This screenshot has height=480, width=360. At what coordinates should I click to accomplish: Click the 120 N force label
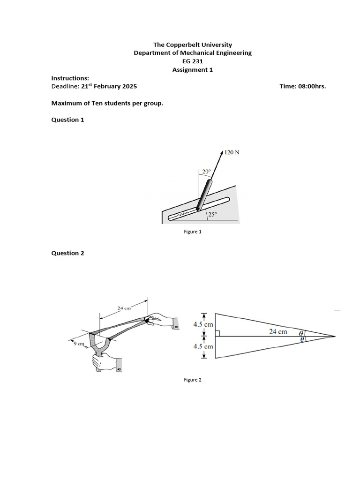coord(232,152)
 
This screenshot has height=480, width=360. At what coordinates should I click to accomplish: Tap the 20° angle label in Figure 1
coord(206,172)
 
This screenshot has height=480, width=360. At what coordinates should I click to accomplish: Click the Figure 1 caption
coord(192,232)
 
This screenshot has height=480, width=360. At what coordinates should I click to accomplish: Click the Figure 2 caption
coord(192,380)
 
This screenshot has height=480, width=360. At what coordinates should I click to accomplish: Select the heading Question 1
coord(67,120)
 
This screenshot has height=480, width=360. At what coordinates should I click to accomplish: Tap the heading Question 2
coord(67,253)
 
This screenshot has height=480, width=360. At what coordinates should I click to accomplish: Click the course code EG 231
coord(192,61)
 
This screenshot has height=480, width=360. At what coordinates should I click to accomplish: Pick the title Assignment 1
coord(192,70)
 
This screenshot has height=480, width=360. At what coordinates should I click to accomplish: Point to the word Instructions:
coord(70,78)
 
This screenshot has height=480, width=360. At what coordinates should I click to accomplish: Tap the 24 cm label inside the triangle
coord(278,331)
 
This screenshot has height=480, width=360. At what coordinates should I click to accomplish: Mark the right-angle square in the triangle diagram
coord(217,334)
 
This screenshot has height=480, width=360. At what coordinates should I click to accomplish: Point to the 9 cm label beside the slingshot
coord(78,344)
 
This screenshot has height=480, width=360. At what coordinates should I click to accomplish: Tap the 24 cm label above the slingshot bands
coord(124,308)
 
